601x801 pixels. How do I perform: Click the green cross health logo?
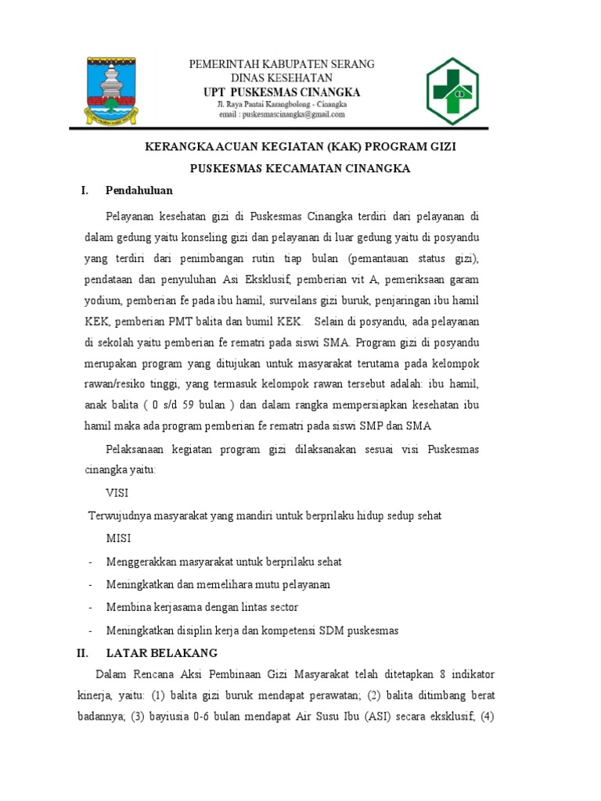click(x=459, y=90)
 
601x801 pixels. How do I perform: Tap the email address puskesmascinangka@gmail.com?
click(x=283, y=114)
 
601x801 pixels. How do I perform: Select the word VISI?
click(x=117, y=494)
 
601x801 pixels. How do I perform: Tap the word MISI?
click(x=119, y=539)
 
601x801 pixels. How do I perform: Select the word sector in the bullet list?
click(x=282, y=607)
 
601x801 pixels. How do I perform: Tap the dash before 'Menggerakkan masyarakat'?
click(x=91, y=562)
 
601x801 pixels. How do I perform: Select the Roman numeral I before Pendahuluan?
click(x=83, y=190)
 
